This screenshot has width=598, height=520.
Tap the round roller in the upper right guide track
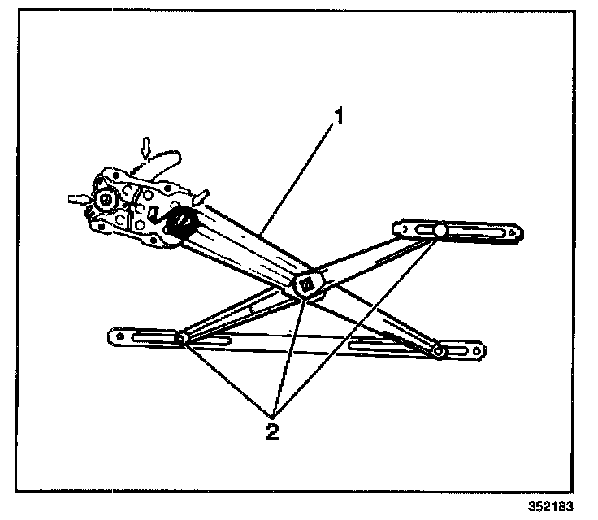[x=440, y=231]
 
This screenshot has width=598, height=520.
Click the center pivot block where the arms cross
[x=310, y=284]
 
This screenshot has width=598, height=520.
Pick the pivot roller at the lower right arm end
[x=440, y=351]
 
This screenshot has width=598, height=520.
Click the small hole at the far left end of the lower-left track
[x=119, y=334]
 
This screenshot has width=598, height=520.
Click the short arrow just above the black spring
[x=201, y=195]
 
